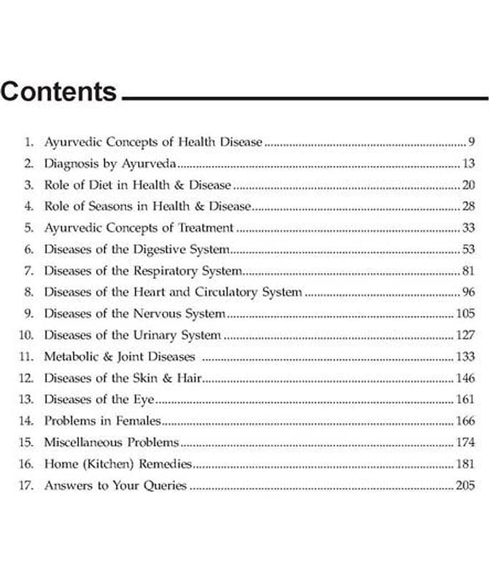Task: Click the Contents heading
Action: (x=59, y=92)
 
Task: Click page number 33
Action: (x=468, y=228)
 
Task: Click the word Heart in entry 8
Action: (x=150, y=292)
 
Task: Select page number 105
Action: (x=465, y=314)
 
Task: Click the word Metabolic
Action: (x=70, y=356)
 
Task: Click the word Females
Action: (x=138, y=421)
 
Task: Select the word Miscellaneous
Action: (x=83, y=442)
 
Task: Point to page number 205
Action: (x=465, y=485)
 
